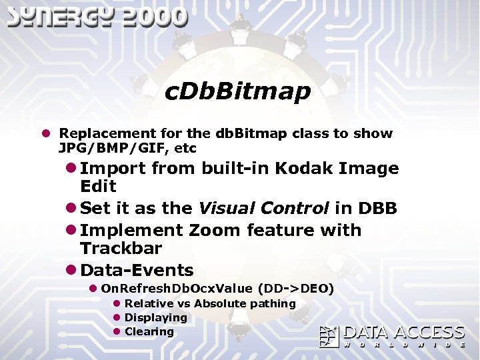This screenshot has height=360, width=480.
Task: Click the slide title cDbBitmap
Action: tap(237, 92)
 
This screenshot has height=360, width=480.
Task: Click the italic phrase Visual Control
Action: tap(263, 208)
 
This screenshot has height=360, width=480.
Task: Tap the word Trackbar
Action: tap(121, 248)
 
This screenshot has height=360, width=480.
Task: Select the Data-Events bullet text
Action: tap(137, 270)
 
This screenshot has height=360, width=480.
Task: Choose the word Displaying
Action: tap(156, 317)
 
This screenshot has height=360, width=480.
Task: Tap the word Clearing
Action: tap(149, 331)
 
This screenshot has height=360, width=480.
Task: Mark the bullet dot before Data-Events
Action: tap(71, 271)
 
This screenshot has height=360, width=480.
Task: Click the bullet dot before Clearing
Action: tap(116, 331)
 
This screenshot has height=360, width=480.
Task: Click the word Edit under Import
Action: tap(98, 186)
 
